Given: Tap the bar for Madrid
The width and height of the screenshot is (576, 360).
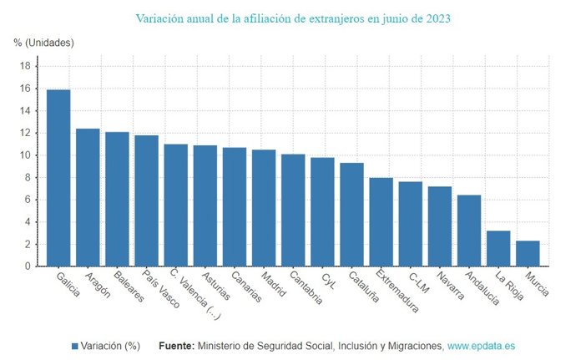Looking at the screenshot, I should tap(264, 208).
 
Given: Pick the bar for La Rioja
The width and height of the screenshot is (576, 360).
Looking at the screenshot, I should tap(498, 248).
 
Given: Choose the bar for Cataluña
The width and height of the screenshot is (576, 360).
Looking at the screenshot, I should tap(351, 215).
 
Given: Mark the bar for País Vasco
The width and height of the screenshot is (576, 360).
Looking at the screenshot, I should tap(146, 200).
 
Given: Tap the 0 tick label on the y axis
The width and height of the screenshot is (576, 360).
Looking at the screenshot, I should tap(28, 266).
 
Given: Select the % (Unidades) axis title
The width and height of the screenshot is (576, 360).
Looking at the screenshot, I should tap(44, 42).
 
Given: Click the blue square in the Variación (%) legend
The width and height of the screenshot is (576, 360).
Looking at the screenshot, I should tap(74, 345).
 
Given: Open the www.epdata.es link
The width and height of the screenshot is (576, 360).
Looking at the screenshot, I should tap(481, 345).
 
